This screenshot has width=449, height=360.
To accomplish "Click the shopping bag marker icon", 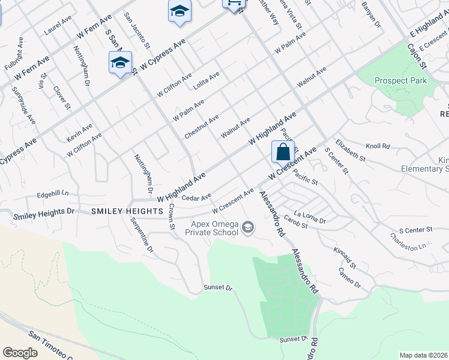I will tap(283, 152).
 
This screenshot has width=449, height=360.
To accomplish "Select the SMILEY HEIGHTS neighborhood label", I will tap(127, 212).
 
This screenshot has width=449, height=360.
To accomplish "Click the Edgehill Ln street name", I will tap(53, 194).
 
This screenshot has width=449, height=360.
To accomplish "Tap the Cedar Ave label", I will tap(196, 197).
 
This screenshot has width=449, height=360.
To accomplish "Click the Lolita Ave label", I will tap(206, 81).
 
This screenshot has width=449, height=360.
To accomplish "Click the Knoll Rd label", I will tap(378, 146).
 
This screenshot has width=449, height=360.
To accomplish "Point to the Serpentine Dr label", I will tap(142, 234).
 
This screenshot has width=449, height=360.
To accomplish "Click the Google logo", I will tap(20, 352).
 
